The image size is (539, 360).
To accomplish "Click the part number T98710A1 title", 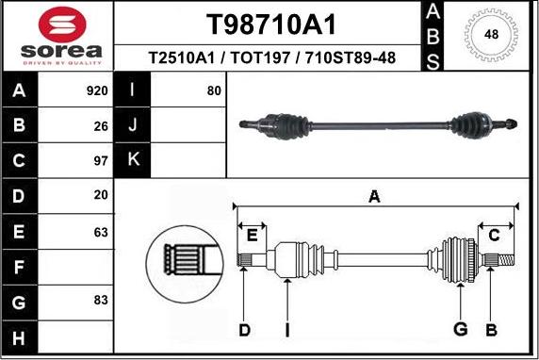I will coord(271,24).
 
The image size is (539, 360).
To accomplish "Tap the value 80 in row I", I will coord(214,91).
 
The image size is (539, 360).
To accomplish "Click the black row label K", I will coord(133,161).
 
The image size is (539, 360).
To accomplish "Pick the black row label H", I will coord(20,336).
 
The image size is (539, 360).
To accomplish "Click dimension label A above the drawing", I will coord(374,196).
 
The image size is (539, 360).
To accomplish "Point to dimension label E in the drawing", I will coord(252,236).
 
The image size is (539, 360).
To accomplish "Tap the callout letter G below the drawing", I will coord(461,329).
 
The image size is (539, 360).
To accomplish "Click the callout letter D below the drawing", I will coord(244,329).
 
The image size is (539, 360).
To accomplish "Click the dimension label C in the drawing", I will coord(493,236).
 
